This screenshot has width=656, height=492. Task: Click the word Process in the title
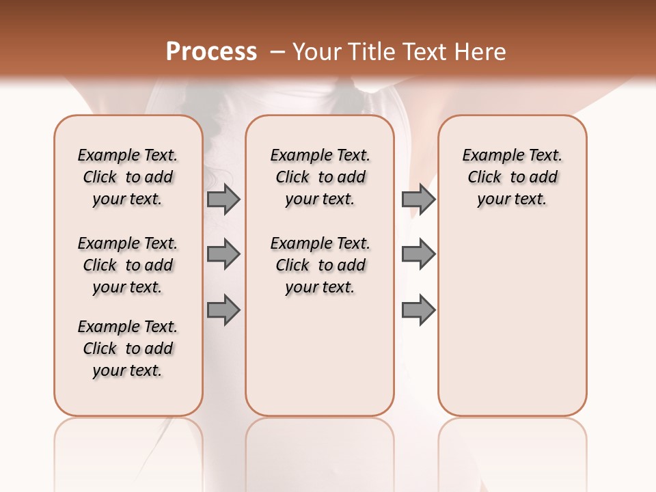[211, 51]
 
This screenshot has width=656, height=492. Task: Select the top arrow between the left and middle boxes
[223, 199]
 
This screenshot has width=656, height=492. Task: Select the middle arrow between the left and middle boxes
[223, 254]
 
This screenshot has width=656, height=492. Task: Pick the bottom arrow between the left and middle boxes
[223, 310]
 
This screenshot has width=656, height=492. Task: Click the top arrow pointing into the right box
[418, 199]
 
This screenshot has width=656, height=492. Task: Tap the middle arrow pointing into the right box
[418, 254]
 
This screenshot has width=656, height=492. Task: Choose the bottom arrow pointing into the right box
[418, 310]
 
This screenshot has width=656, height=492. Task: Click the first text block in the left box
[128, 177]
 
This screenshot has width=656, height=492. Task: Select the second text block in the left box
[128, 265]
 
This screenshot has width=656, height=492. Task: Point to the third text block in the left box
[128, 348]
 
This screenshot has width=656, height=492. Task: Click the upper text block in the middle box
[320, 177]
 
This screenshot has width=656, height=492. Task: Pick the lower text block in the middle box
[320, 265]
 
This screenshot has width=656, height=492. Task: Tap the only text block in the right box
[512, 177]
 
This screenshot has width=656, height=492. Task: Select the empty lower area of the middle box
[320, 355]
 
